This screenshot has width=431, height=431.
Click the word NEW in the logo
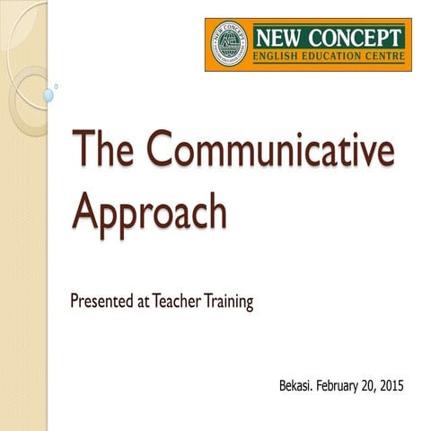coord(280,38)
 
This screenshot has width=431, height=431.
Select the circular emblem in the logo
coord(229,44)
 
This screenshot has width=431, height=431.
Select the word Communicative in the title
coord(269,151)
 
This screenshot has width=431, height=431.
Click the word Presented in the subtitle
coord(102,302)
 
